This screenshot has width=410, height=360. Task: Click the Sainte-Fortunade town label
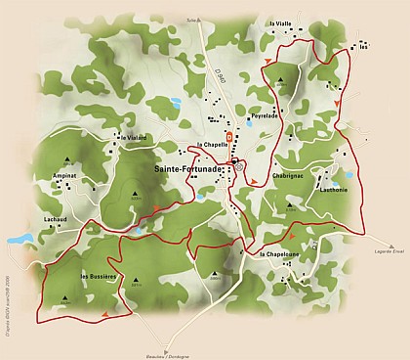tap(190, 168)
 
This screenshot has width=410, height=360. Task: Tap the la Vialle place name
tap(278, 22)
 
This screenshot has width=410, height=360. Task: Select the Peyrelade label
tap(265, 115)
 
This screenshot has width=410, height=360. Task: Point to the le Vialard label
tap(134, 138)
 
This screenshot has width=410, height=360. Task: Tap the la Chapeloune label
tap(279, 254)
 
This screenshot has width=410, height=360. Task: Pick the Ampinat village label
tap(64, 177)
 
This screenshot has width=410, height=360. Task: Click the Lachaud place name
tap(56, 219)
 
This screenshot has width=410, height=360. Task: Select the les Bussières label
tap(99, 277)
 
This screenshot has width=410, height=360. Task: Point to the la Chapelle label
tap(212, 145)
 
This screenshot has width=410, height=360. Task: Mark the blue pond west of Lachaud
tap(20, 239)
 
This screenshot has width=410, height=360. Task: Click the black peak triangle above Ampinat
tap(66, 160)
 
